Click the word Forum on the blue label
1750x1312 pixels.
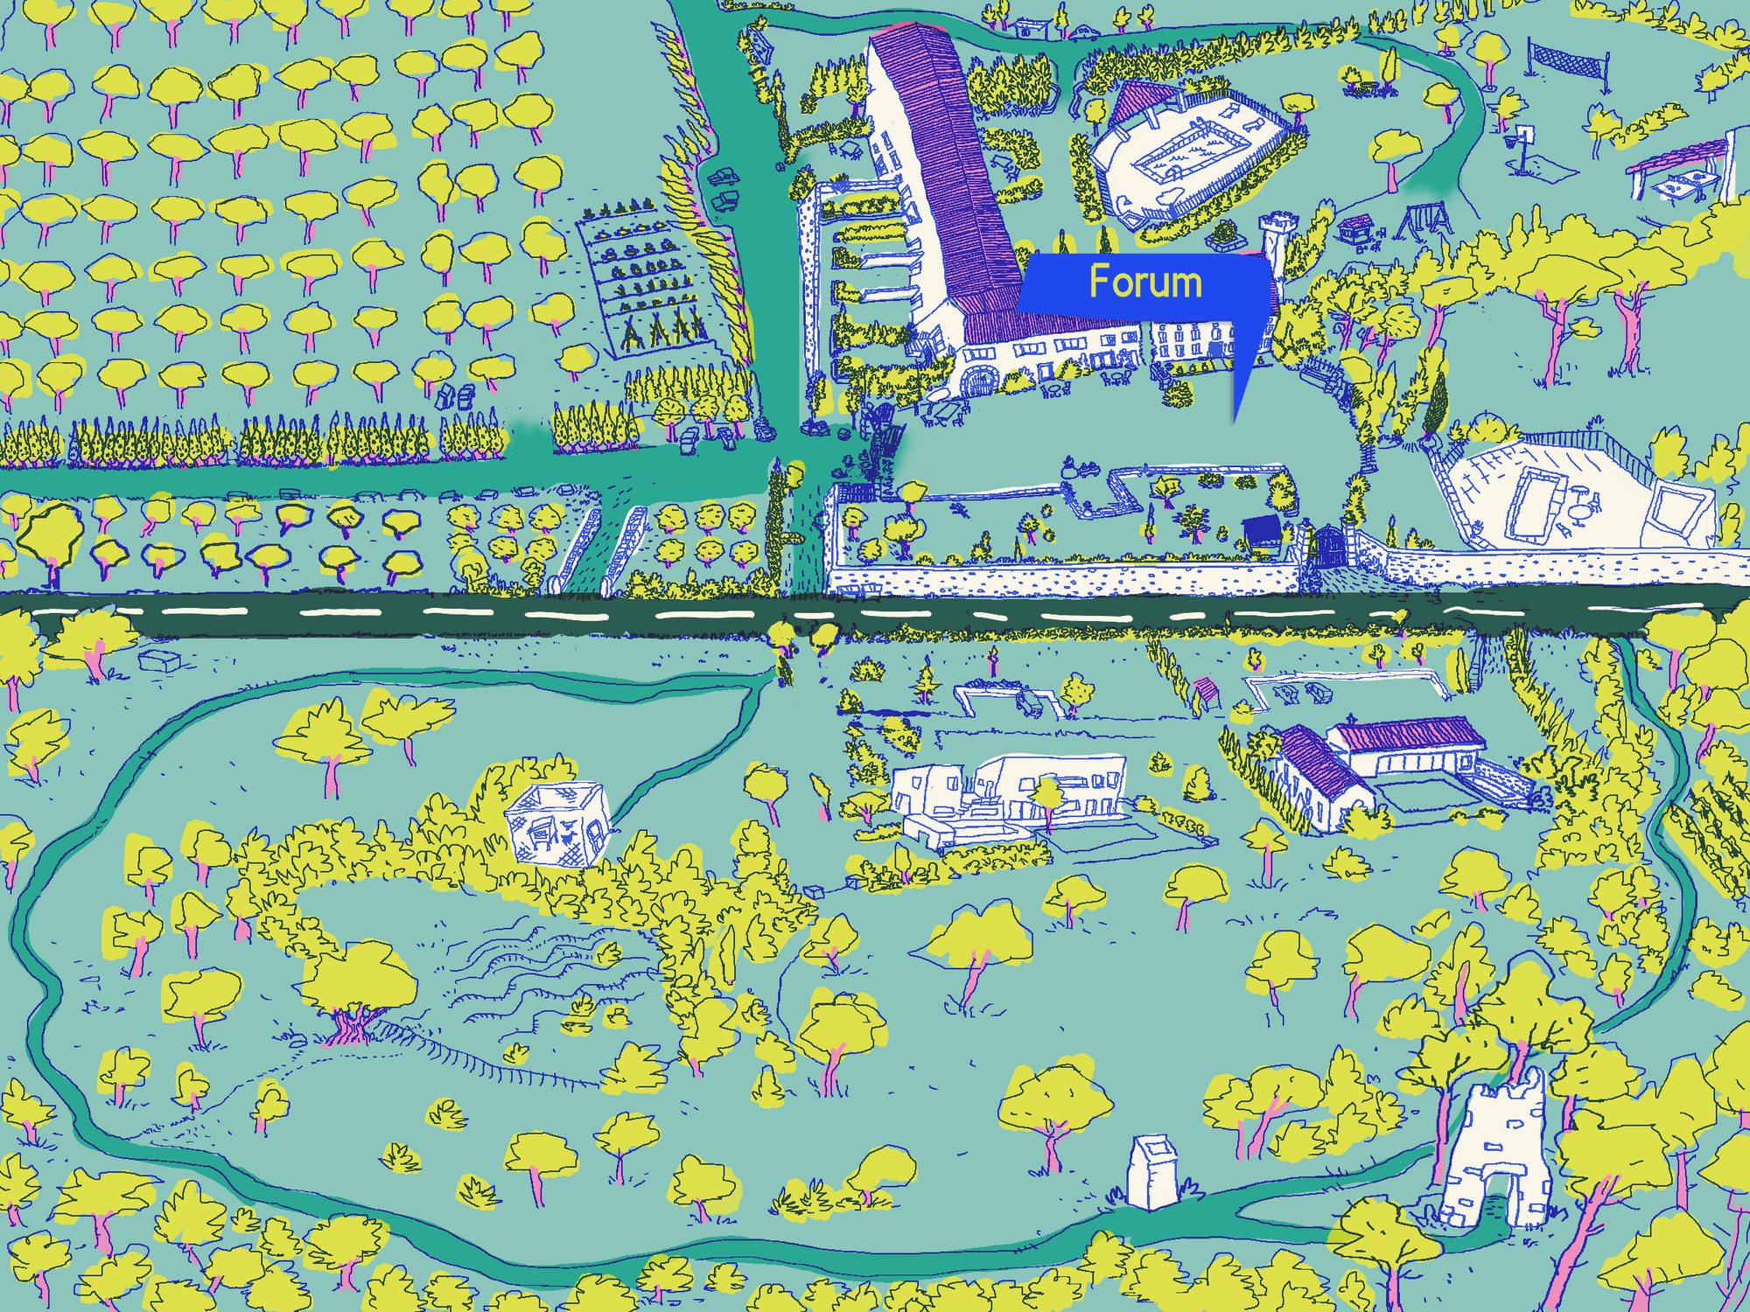(x=1145, y=282)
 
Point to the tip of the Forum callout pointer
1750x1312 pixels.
(x=1235, y=422)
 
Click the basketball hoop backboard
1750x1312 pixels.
(x=1525, y=134)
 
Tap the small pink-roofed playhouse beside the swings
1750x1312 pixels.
(x=1354, y=229)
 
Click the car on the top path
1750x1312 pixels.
(x=1083, y=33)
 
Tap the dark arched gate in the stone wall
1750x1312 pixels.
(x=1330, y=546)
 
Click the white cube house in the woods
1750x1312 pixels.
(x=557, y=822)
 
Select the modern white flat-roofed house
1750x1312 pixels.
(x=1015, y=792)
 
